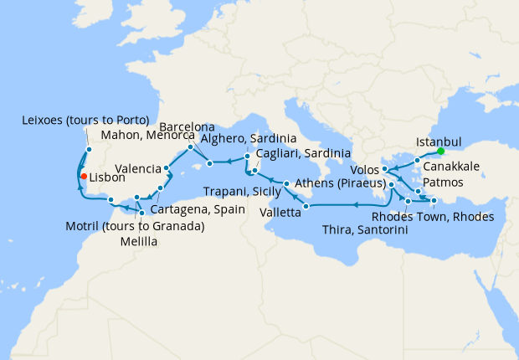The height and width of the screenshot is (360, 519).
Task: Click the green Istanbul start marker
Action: [x=440, y=152]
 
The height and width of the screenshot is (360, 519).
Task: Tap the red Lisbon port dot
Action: [x=83, y=176]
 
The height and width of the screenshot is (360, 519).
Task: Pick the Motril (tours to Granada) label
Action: [x=135, y=226]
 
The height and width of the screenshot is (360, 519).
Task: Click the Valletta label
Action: [x=284, y=213]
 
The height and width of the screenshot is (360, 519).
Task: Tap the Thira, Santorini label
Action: [x=368, y=230]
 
